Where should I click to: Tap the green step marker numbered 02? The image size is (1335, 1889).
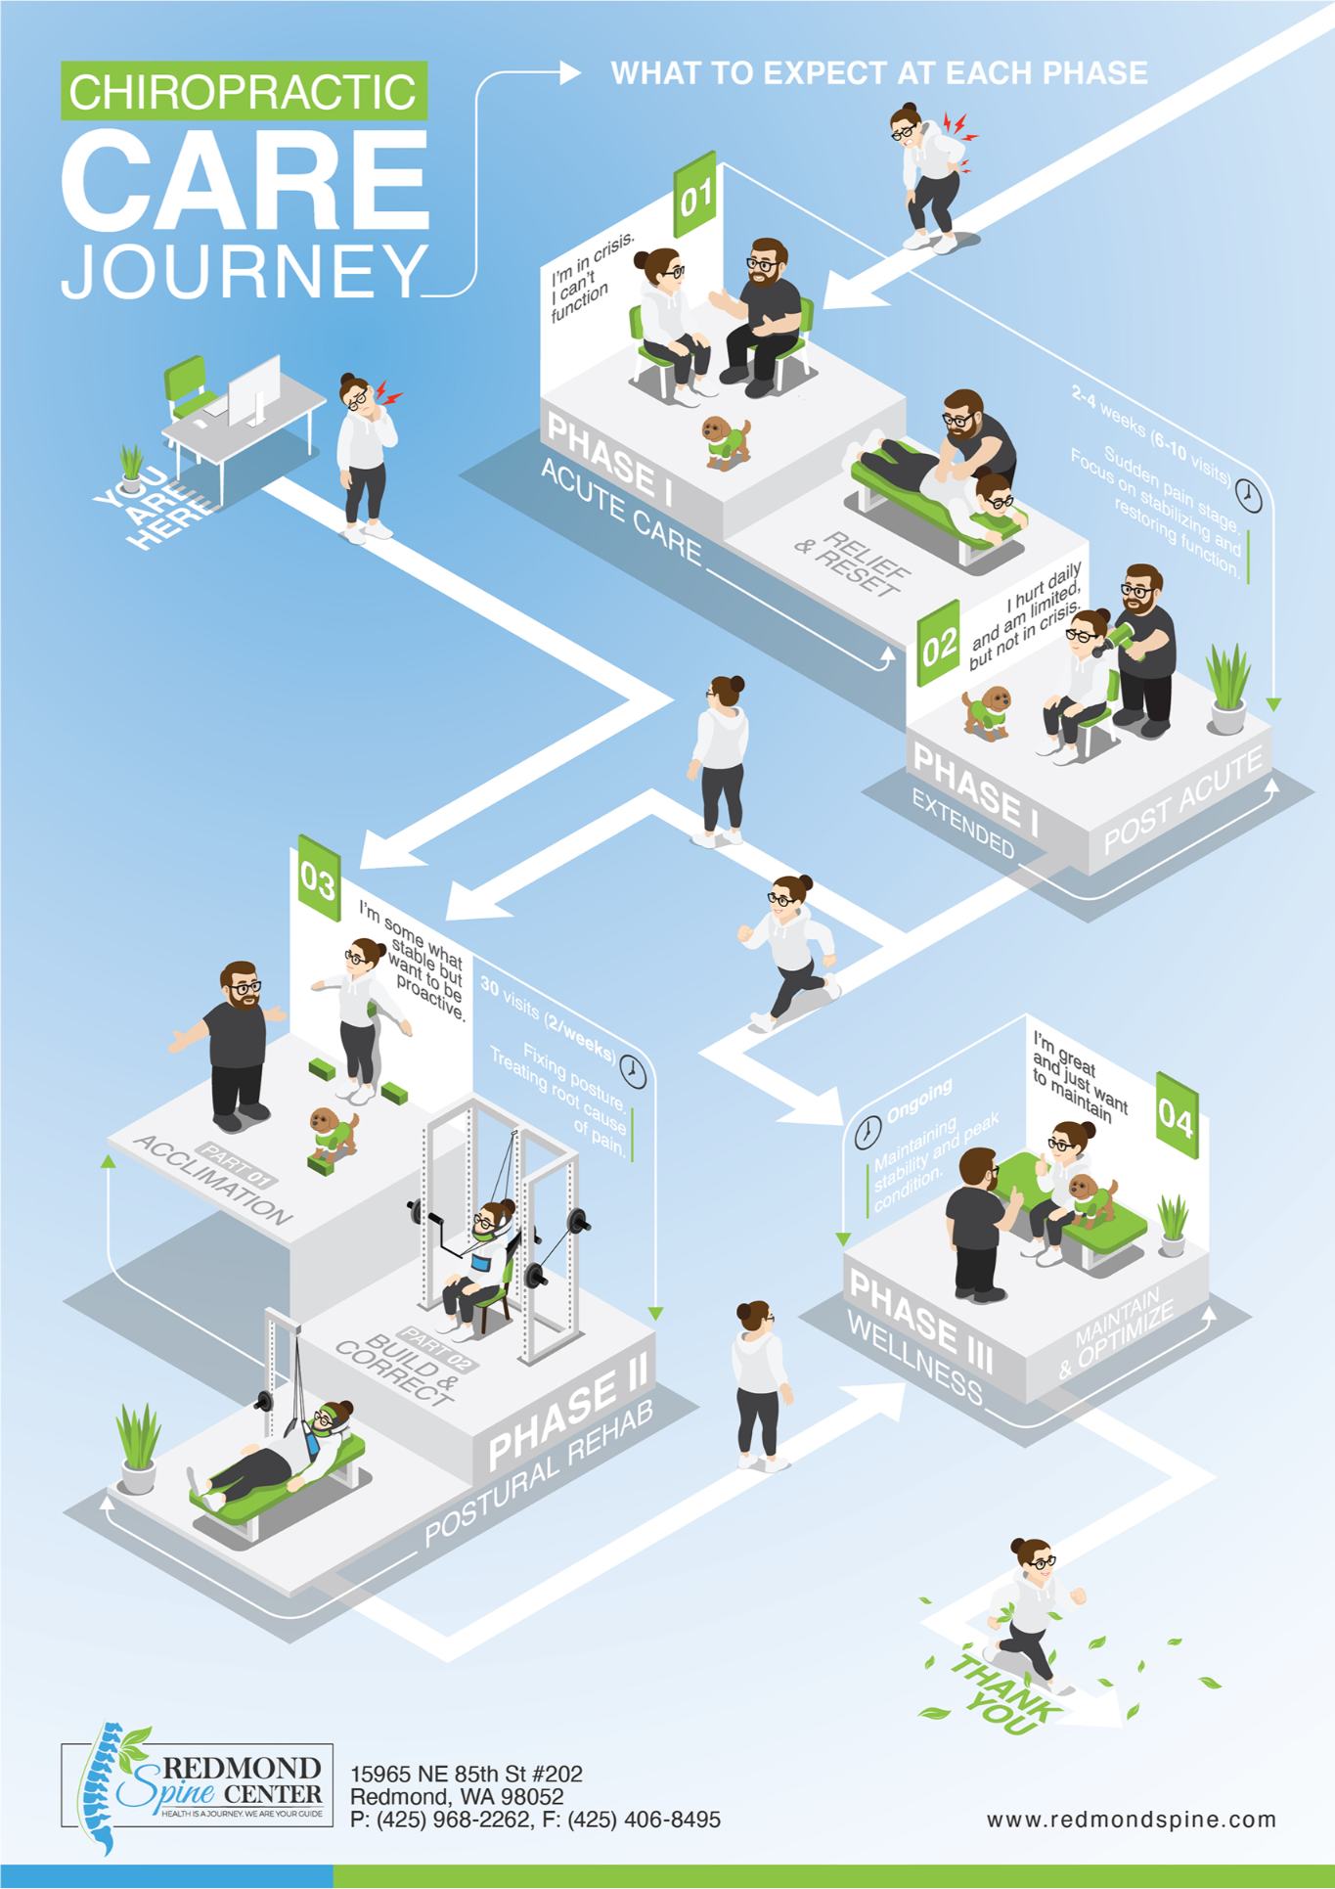(x=939, y=647)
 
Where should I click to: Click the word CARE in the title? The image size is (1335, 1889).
(x=245, y=175)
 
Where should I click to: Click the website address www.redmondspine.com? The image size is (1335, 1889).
(x=1131, y=1819)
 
